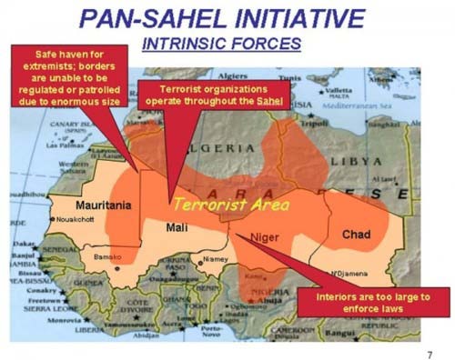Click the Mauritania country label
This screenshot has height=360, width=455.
[x=104, y=205]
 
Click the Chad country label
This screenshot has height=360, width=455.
[x=356, y=235]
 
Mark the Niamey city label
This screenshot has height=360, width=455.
[x=216, y=260]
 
